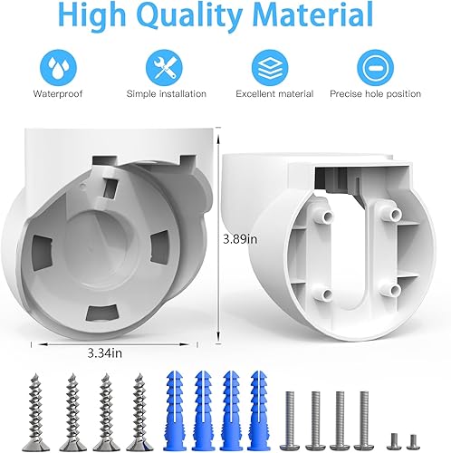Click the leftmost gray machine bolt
(293, 418)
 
